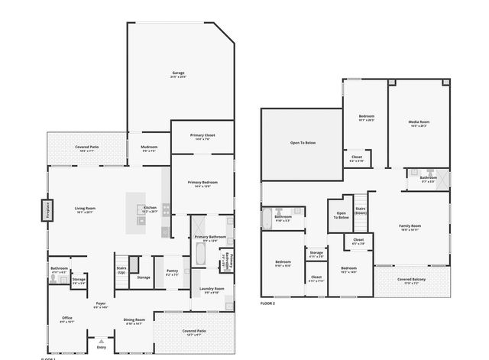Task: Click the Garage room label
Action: point(178,73)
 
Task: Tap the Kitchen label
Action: point(150,208)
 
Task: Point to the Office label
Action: point(67,318)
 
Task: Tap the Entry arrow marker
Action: point(101,341)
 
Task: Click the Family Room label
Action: point(410,226)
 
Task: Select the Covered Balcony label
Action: point(411,280)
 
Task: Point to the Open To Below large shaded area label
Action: point(303,142)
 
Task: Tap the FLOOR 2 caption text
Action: point(267,303)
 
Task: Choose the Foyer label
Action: point(100,303)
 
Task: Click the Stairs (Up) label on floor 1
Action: point(121,269)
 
